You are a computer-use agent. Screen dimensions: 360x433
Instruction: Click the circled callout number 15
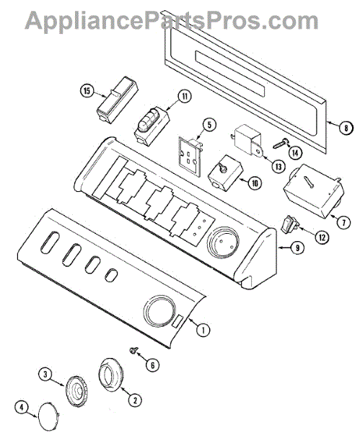(87, 91)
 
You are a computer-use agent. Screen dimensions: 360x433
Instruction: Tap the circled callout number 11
(185, 97)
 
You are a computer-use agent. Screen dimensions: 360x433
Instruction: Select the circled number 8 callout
(346, 128)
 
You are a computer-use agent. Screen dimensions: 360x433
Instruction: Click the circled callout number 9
(297, 248)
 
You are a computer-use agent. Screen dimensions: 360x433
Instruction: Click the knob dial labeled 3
(76, 391)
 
